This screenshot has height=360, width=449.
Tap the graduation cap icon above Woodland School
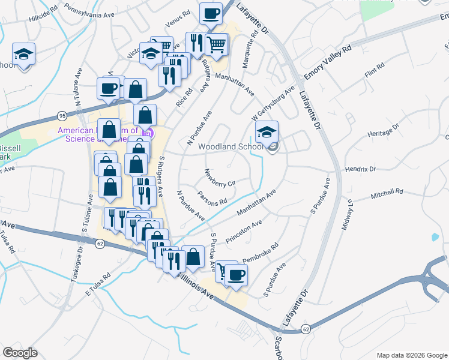point(267,132)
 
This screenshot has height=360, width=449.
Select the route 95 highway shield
point(62,115)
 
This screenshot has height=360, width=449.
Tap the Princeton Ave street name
point(244,232)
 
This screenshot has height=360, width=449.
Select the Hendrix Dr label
point(360,170)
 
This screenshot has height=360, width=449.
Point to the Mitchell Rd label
point(387,193)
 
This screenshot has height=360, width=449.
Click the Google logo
point(20,353)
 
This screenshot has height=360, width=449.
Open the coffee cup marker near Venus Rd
point(210,14)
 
